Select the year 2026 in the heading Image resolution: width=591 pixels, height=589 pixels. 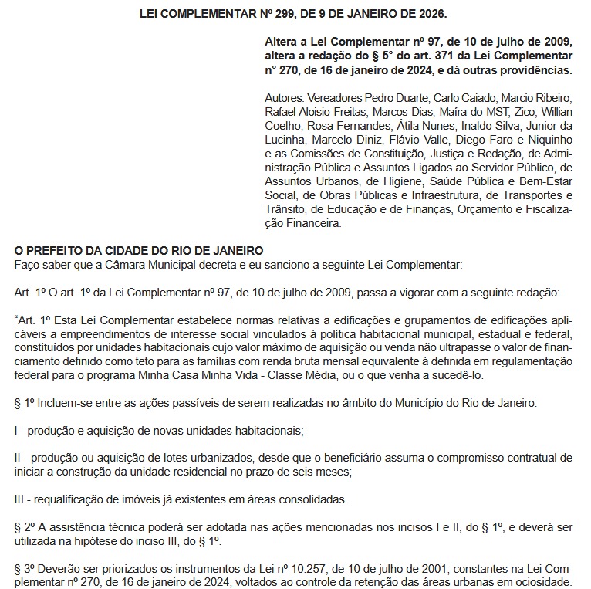(x=431, y=15)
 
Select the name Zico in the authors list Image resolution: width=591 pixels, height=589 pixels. (x=524, y=112)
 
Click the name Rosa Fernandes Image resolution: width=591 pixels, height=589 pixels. (x=336, y=126)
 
